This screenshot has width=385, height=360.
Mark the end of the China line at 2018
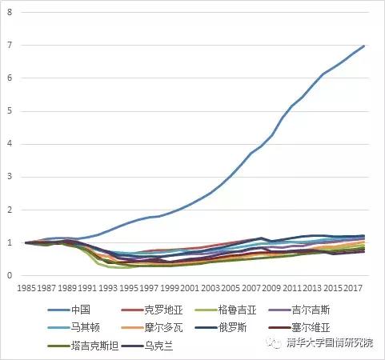pyautogui.click(x=364, y=46)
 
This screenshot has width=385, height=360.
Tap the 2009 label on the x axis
pyautogui.click(x=273, y=286)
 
